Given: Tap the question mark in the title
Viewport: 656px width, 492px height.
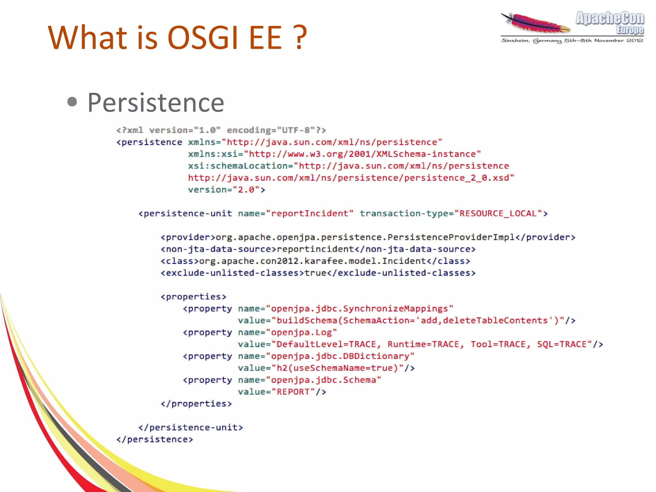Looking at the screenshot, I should (x=300, y=38).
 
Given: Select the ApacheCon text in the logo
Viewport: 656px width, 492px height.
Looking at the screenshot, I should (x=610, y=18).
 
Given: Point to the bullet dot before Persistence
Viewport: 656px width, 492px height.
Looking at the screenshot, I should (x=72, y=102).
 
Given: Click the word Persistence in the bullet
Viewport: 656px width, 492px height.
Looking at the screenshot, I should (x=156, y=103).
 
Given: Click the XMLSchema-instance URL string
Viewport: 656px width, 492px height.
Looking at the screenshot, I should (x=365, y=154).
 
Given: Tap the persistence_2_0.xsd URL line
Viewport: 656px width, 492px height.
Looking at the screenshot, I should (x=351, y=178).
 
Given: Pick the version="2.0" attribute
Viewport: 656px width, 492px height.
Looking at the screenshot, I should (x=226, y=190).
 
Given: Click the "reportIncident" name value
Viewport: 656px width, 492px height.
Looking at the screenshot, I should (x=309, y=213).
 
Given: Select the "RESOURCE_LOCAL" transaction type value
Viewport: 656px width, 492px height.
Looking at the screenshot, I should (x=498, y=213).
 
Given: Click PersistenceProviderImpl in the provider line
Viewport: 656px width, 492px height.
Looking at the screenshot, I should (x=451, y=237).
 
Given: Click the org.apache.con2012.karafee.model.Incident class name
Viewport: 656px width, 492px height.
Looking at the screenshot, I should (x=312, y=261).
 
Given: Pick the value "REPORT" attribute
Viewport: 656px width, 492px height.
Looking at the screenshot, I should (x=282, y=392).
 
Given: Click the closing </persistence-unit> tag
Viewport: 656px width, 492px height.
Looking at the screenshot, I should (x=191, y=427).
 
